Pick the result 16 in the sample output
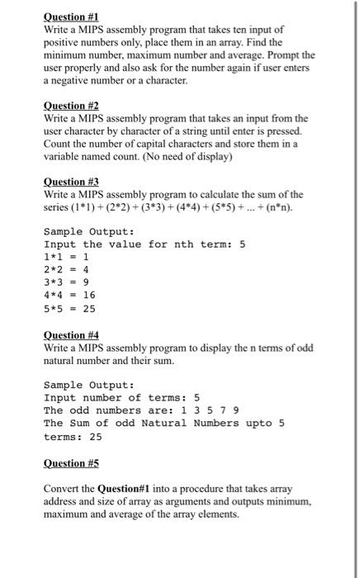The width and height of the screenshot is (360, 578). (89, 294)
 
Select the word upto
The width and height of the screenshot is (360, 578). (259, 424)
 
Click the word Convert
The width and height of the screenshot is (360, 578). (64, 488)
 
